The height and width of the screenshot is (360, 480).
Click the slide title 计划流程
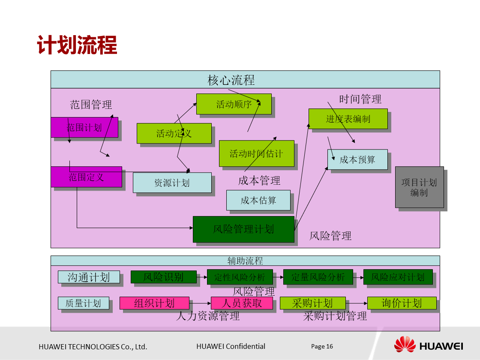pyautogui.click(x=77, y=45)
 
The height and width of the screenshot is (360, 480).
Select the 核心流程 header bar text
pyautogui.click(x=231, y=80)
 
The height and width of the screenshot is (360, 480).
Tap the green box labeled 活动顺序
pyautogui.click(x=234, y=104)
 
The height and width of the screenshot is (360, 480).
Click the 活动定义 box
pyautogui.click(x=174, y=133)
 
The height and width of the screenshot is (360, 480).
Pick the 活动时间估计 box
pyautogui.click(x=256, y=153)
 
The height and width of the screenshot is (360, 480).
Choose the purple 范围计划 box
pyautogui.click(x=84, y=127)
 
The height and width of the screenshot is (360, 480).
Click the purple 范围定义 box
pyautogui.click(x=86, y=177)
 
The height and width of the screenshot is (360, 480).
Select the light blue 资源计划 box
pyautogui.click(x=172, y=183)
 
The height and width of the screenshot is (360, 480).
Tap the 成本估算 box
pyautogui.click(x=258, y=200)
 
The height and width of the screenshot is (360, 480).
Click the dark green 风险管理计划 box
pyautogui.click(x=243, y=229)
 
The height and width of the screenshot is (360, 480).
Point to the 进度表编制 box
pyautogui.click(x=348, y=119)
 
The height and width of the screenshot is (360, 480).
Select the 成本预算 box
pyautogui.click(x=357, y=159)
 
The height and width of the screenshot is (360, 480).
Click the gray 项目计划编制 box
pyautogui.click(x=419, y=187)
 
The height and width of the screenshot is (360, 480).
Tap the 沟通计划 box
pyautogui.click(x=89, y=277)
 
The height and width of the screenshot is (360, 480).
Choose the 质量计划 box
pyautogui.click(x=84, y=303)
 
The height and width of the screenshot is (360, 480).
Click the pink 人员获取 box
pyautogui.click(x=242, y=303)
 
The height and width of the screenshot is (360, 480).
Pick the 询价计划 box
pyautogui.click(x=402, y=303)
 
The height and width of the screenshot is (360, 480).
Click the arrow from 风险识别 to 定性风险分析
pyautogui.click(x=201, y=277)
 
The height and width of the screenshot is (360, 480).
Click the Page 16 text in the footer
pyautogui.click(x=322, y=346)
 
